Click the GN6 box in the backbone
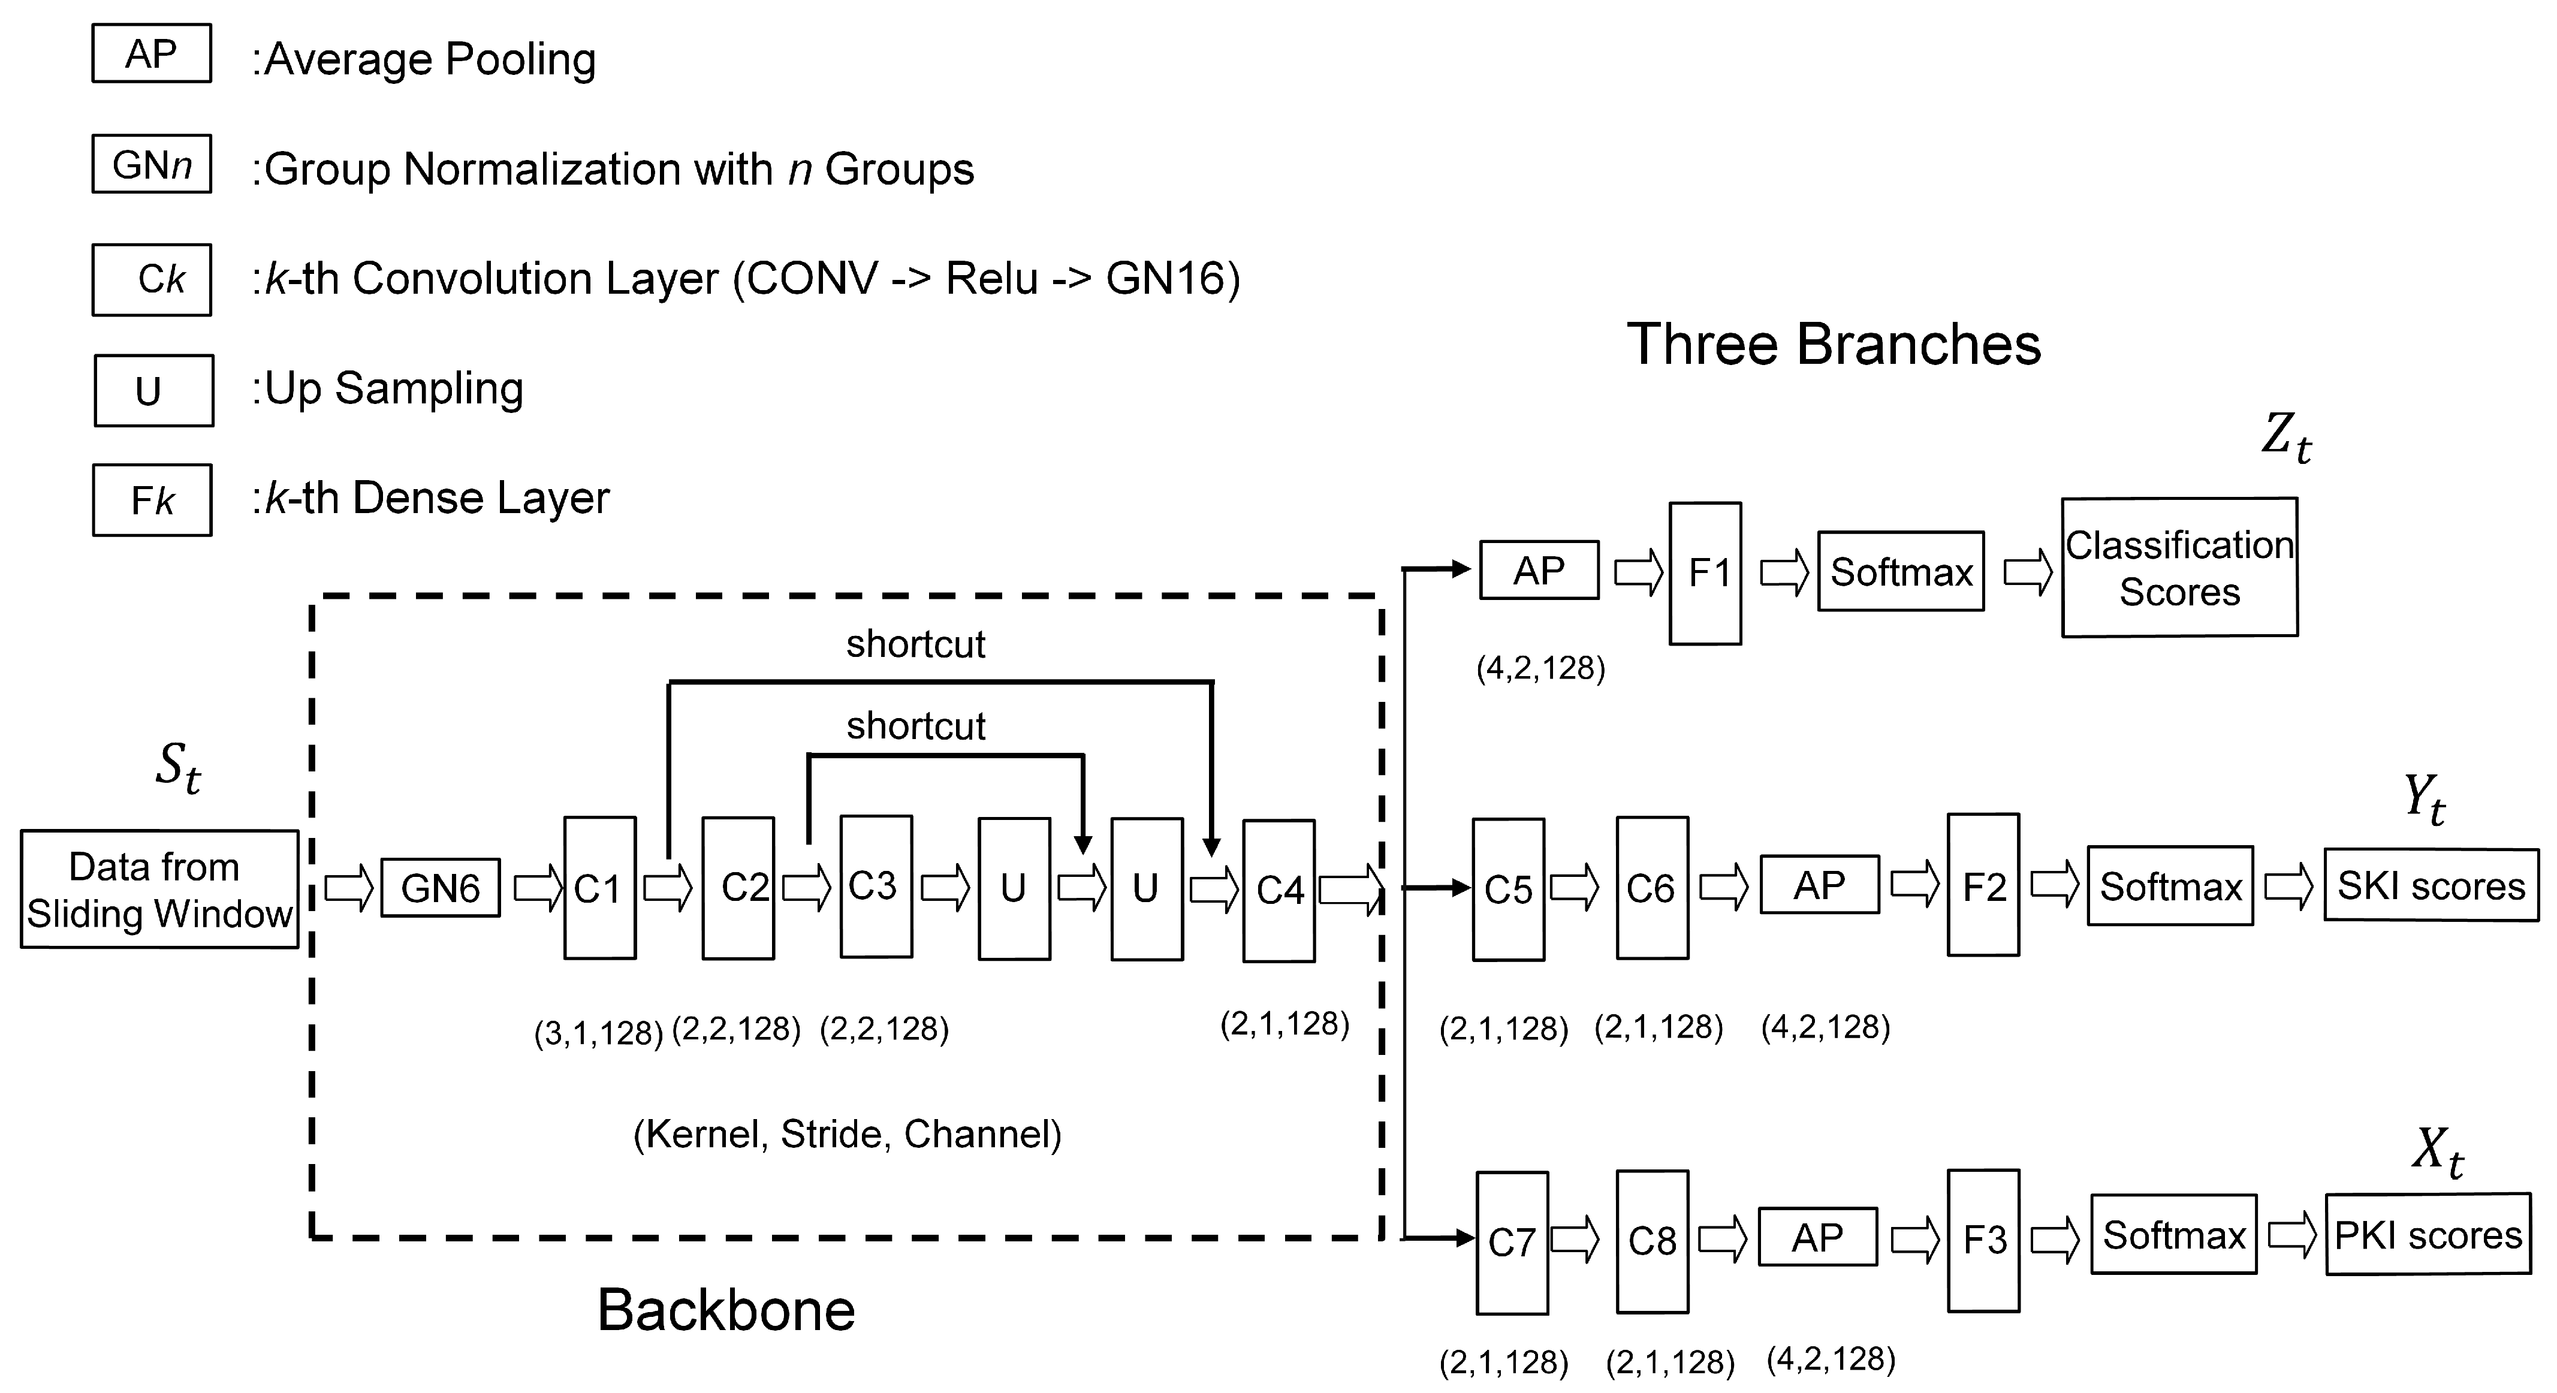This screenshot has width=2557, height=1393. [x=440, y=888]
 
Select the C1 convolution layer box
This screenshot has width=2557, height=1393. [x=599, y=888]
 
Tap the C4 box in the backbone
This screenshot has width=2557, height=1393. [x=1278, y=891]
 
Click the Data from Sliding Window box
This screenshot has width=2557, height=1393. [x=159, y=890]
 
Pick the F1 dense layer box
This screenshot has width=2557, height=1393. [x=1705, y=573]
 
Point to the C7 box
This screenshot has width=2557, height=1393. [x=1511, y=1242]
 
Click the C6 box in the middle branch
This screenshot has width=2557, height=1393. [x=1652, y=888]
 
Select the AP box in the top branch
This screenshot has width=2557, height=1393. [x=1539, y=570]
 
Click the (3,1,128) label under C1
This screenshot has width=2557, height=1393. [x=599, y=1033]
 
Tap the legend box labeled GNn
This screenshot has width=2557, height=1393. [x=152, y=164]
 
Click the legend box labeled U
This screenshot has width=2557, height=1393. [x=154, y=390]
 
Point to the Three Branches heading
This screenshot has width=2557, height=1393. [x=1834, y=345]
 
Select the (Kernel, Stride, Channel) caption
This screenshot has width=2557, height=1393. [x=847, y=1134]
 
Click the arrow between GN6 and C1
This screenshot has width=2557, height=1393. [x=537, y=888]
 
